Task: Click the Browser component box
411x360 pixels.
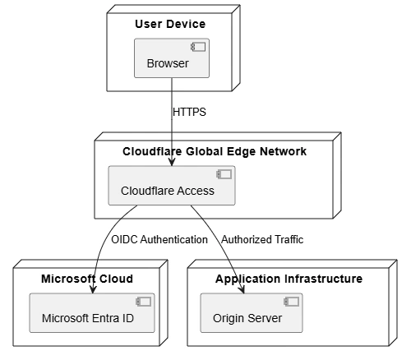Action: point(172,58)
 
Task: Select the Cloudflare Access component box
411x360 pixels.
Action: point(172,186)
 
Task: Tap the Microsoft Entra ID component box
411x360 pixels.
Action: point(92,313)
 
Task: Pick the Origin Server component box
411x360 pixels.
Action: point(252,313)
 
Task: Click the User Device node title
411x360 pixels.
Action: point(170,24)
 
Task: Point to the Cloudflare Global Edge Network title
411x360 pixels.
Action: point(215,151)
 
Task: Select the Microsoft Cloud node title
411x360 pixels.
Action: point(87,279)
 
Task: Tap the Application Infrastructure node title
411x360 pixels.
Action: point(289,279)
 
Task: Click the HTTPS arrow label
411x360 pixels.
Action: point(189,112)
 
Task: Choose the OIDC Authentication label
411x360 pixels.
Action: point(159,239)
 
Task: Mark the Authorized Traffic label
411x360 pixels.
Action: point(262,239)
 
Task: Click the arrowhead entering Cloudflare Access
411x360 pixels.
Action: point(172,162)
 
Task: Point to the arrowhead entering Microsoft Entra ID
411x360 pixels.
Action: point(93,289)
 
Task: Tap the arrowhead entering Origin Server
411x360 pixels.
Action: point(242,289)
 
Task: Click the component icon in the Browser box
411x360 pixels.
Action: point(198,47)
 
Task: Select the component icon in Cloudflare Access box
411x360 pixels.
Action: point(224,174)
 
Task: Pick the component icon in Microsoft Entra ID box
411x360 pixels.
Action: point(143,302)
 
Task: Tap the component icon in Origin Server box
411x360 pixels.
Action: point(291,302)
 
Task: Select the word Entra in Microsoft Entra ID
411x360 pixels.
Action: point(105,318)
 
